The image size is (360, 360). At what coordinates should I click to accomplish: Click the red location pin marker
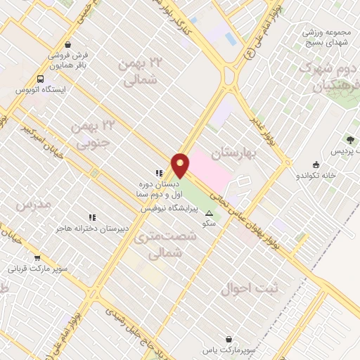181,165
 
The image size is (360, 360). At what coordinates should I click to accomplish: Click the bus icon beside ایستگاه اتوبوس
41,79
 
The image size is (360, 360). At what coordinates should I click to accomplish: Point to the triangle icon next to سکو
209,212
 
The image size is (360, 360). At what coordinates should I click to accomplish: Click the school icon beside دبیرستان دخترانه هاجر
91,217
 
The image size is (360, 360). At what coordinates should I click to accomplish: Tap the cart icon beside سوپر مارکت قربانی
37,257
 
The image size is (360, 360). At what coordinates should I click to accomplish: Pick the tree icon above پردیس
349,141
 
